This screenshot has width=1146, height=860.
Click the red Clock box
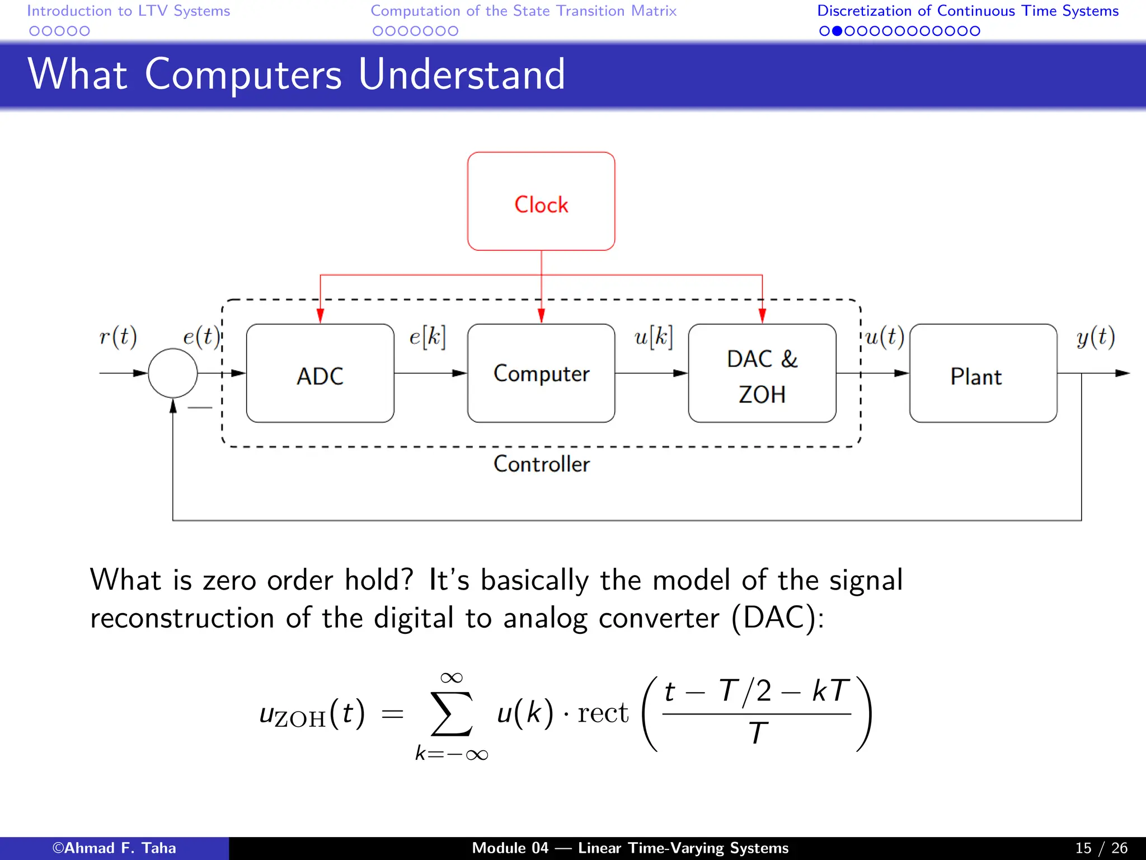tap(541, 202)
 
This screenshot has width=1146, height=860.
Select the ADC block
tap(320, 374)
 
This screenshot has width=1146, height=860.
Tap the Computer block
tap(541, 373)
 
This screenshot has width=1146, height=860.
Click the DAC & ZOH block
tap(762, 374)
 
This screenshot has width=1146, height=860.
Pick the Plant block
tap(983, 374)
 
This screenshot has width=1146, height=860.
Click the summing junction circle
tap(173, 373)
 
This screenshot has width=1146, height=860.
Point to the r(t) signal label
tap(118, 338)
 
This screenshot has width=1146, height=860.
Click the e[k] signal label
tap(428, 338)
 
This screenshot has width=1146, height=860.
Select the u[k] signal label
tap(653, 338)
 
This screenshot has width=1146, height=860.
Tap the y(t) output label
tap(1096, 338)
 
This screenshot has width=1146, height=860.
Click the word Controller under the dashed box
tap(541, 464)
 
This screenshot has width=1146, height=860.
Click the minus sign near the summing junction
tap(200, 408)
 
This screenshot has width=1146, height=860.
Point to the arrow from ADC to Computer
tap(430, 373)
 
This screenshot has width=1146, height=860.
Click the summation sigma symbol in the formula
tap(451, 714)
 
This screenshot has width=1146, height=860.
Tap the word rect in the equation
tap(603, 713)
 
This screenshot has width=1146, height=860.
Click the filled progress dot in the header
tap(837, 31)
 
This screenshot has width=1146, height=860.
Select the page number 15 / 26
tap(1101, 848)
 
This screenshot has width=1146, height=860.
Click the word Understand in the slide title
tap(462, 74)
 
